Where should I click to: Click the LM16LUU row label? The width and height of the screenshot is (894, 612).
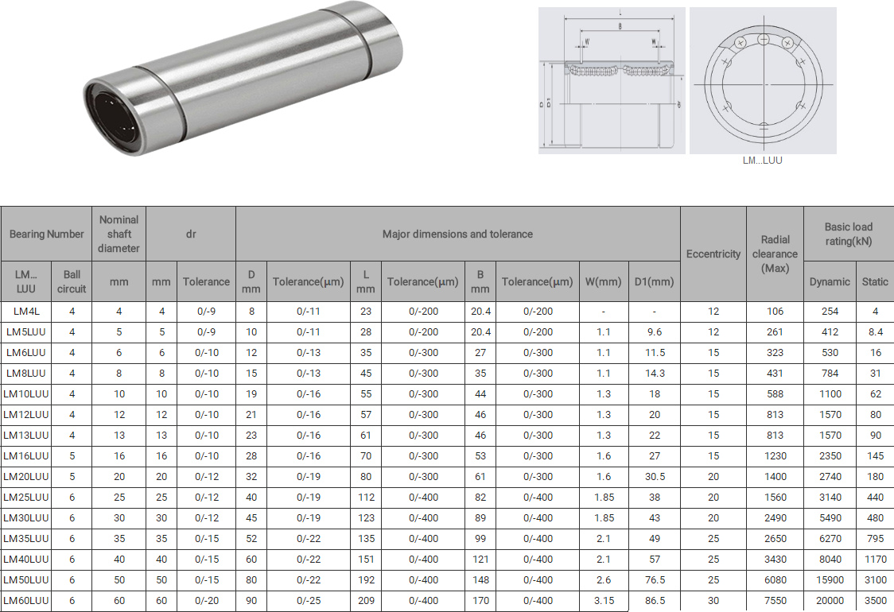click(x=26, y=456)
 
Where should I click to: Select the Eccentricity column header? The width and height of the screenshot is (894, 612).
click(x=713, y=254)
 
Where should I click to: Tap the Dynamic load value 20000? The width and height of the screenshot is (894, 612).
click(x=830, y=601)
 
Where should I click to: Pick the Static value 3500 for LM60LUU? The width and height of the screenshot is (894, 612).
click(x=875, y=601)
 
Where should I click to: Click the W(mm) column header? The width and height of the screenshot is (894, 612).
click(x=603, y=281)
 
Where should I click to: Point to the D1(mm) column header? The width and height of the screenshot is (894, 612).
click(x=654, y=281)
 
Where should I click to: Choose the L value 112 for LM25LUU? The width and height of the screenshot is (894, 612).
click(x=366, y=498)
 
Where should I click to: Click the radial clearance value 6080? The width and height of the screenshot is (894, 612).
click(x=775, y=580)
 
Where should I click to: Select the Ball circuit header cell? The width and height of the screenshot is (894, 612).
click(x=72, y=281)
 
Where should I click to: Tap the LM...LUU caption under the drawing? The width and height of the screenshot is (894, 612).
click(x=762, y=160)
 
